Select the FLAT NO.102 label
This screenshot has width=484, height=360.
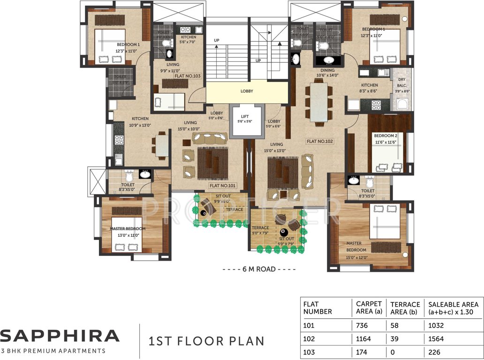tap(320, 141)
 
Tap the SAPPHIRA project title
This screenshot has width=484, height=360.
tap(60, 336)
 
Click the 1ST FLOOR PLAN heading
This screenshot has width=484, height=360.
tap(206, 341)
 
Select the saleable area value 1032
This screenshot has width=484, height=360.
tap(436, 325)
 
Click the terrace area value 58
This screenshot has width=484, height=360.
tap(396, 325)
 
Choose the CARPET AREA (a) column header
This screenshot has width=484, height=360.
tap(368, 307)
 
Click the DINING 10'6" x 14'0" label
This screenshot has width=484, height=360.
tap(327, 72)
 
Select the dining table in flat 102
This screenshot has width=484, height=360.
tap(319, 102)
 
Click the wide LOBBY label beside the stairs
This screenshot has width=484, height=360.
tap(247, 91)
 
